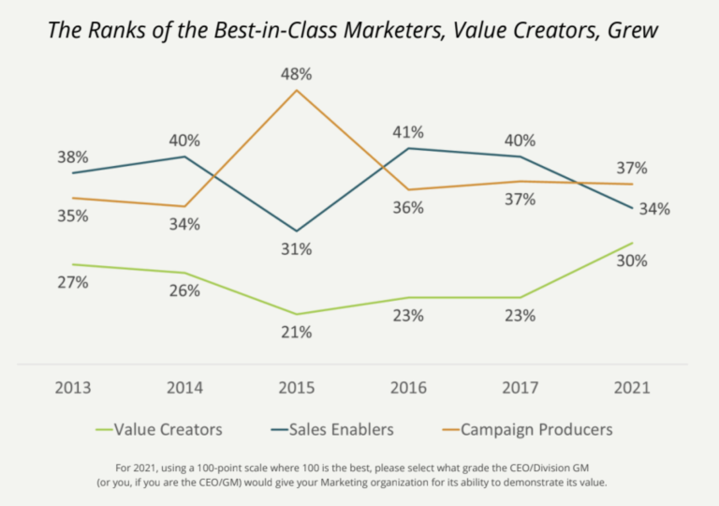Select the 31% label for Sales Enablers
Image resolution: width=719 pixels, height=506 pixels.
click(296, 250)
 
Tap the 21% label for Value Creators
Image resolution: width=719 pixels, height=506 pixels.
click(296, 333)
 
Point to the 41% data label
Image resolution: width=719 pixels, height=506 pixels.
click(408, 132)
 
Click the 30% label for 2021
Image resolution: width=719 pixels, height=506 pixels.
click(631, 261)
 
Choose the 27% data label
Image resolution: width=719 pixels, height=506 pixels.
click(72, 283)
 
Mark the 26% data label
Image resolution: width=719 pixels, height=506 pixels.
click(184, 291)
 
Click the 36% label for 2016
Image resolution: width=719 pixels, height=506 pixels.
click(408, 208)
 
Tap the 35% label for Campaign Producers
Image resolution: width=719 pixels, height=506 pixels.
click(72, 216)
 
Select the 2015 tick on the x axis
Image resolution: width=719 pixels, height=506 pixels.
click(296, 388)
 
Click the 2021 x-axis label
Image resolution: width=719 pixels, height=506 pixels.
click(631, 388)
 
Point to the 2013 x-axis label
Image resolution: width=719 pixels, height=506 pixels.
click(72, 388)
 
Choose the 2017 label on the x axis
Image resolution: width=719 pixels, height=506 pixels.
click(520, 388)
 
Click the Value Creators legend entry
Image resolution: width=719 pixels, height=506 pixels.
click(168, 430)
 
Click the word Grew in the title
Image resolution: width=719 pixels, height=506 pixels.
click(633, 31)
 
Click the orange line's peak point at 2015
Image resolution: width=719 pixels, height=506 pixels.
click(296, 91)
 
